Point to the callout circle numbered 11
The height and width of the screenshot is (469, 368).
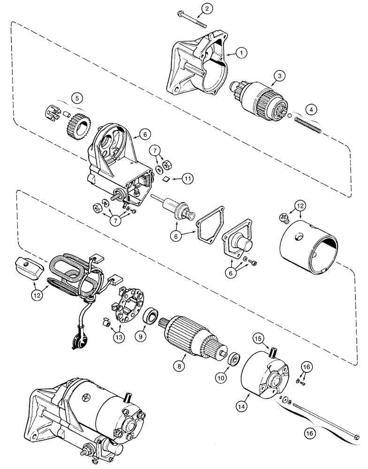(x=187, y=178)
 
